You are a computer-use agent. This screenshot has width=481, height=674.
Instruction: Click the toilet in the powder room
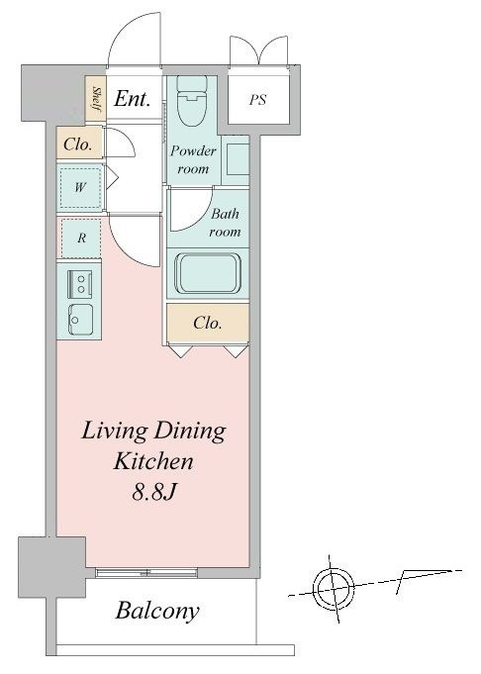(x=192, y=101)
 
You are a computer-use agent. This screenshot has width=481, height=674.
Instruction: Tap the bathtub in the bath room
(x=208, y=274)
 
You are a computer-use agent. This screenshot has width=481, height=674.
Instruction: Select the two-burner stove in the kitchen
(x=80, y=284)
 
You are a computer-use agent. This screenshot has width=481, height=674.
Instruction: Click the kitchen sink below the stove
(x=80, y=321)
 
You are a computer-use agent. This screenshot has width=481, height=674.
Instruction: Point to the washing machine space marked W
(x=80, y=187)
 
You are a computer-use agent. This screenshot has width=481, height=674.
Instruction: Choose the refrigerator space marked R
(x=81, y=238)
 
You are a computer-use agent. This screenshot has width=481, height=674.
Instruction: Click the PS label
(x=258, y=100)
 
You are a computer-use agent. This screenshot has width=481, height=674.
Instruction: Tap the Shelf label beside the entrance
(x=96, y=99)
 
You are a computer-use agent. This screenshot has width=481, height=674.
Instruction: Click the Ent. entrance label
(x=133, y=99)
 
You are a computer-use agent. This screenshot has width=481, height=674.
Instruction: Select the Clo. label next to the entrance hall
(x=78, y=144)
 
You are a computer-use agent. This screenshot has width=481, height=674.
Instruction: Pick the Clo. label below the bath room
(x=208, y=323)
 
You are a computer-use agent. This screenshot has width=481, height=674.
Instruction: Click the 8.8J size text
(x=153, y=492)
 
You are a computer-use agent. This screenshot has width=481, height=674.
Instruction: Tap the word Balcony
(x=157, y=611)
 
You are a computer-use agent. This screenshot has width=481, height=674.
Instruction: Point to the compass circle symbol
(x=334, y=587)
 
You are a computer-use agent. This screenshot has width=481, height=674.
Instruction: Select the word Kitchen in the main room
(x=153, y=461)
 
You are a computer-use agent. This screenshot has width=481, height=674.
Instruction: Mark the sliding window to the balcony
(x=146, y=573)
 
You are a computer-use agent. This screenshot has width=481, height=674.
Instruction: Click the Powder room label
(x=193, y=159)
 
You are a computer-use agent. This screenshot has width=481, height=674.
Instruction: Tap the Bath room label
(x=225, y=223)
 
